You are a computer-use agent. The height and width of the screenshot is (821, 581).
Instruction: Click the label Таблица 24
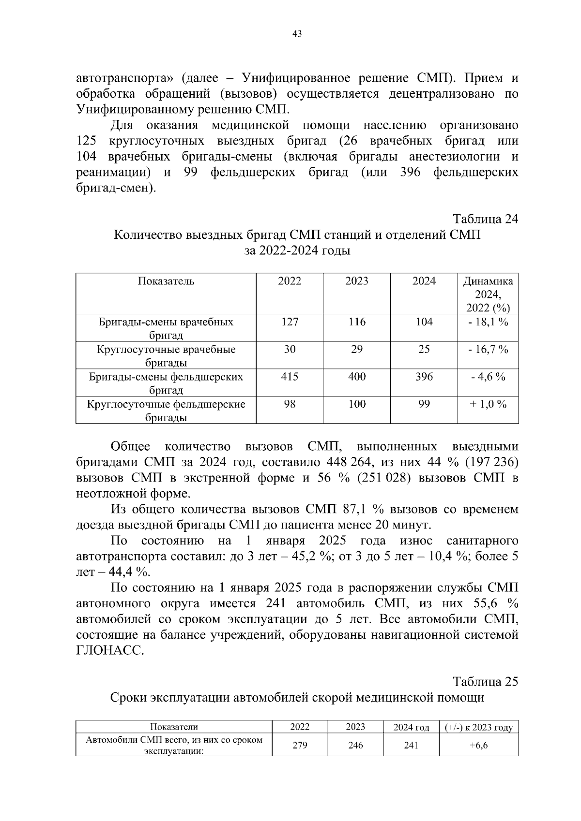point(485,219)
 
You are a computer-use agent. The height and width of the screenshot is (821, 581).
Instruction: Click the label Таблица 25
point(485,681)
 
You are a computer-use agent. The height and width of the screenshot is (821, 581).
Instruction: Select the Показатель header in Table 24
point(166,281)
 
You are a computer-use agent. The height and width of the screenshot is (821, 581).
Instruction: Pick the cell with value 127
point(290,322)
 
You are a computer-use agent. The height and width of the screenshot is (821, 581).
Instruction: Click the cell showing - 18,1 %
point(488,322)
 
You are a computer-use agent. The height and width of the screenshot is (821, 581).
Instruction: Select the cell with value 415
point(290,377)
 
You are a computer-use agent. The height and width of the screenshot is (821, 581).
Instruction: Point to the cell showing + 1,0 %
point(488,404)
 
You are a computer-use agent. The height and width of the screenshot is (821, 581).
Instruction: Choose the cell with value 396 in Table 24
point(424,377)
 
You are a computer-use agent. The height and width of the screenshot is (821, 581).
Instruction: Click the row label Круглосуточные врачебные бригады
point(166,356)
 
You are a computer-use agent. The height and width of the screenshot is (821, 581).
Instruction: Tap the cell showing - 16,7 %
point(488,350)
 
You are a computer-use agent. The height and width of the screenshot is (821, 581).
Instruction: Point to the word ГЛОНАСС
point(110,651)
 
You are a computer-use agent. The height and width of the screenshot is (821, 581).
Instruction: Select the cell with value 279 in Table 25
point(300,745)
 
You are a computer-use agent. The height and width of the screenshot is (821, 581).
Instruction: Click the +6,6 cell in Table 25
point(478,745)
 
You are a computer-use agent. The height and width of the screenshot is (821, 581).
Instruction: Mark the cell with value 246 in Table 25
point(355,745)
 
